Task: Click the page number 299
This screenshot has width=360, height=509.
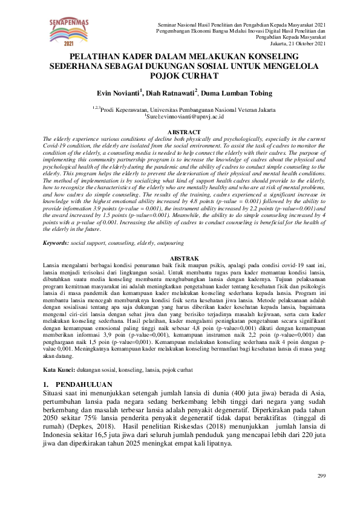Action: click(321, 477)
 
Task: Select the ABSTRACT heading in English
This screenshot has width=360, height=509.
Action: click(183, 132)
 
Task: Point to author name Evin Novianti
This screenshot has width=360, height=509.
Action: click(118, 93)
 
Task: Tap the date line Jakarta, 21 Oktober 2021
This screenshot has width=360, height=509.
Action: click(298, 44)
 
